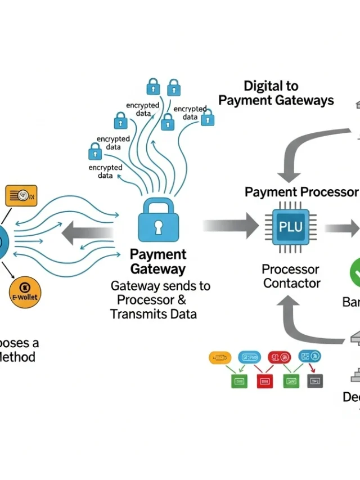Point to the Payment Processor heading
click(301, 192)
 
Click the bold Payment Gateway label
click(157, 262)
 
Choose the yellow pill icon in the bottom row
click(220, 357)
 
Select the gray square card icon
click(316, 381)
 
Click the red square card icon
click(264, 381)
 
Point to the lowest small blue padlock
click(95, 151)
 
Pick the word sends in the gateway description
click(164, 286)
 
